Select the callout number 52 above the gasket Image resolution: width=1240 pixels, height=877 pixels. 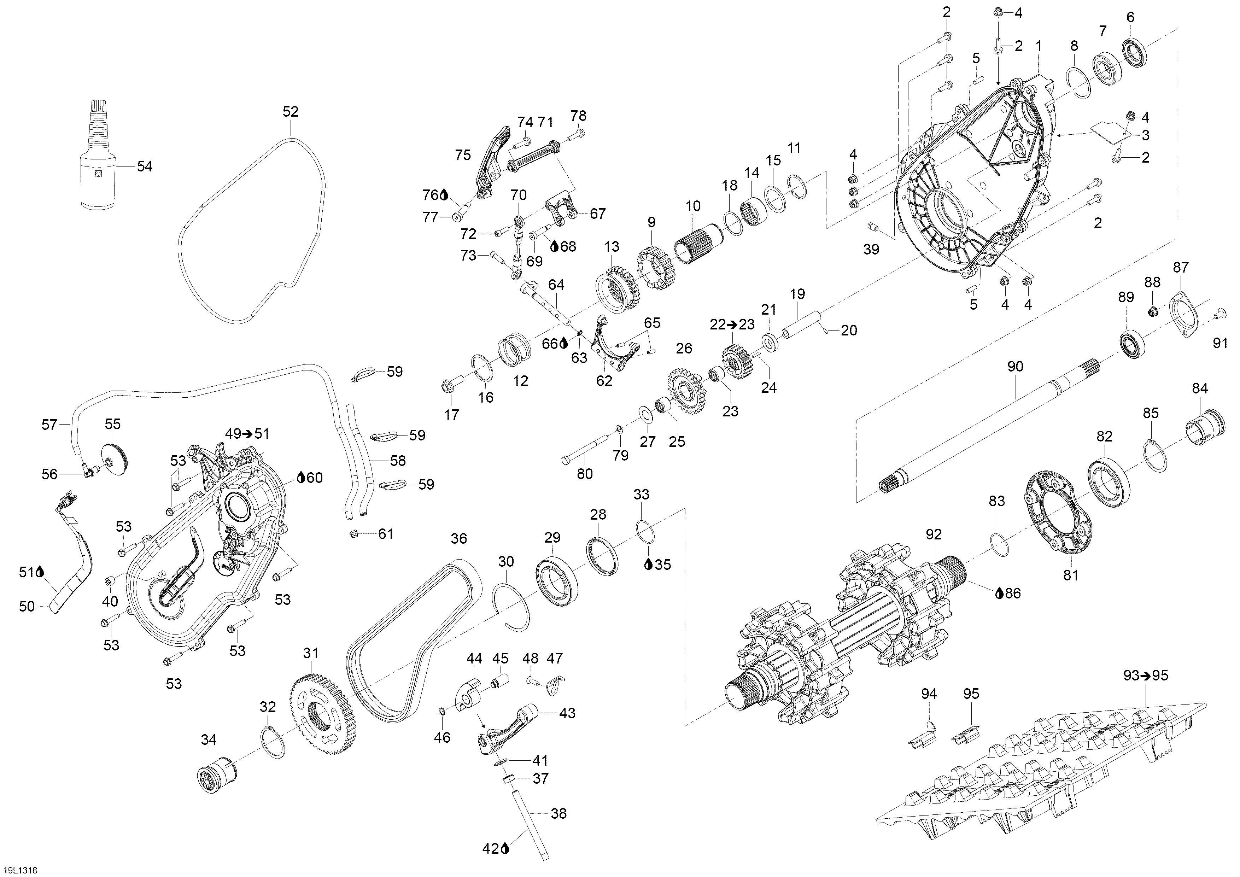click(291, 111)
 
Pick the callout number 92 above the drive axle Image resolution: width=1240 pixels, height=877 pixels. click(933, 534)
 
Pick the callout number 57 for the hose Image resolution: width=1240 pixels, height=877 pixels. click(50, 425)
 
